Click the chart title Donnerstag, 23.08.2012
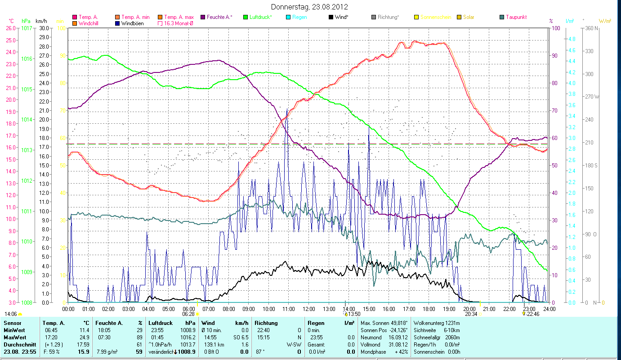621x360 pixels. click(310, 7)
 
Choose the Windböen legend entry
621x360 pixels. click(132, 23)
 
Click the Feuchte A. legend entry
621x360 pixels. click(219, 17)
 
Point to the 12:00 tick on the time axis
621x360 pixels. click(308, 309)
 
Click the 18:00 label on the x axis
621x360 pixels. click(429, 309)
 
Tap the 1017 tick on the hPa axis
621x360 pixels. click(27, 28)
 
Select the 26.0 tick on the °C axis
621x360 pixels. click(11, 28)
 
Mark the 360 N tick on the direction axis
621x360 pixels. click(592, 28)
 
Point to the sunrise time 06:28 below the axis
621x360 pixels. click(188, 314)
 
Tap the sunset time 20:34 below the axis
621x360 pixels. click(471, 314)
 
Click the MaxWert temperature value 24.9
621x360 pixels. click(84, 337)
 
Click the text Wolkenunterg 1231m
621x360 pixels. click(436, 323)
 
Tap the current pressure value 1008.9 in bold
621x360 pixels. click(187, 351)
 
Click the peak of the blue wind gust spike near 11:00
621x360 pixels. click(287, 109)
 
